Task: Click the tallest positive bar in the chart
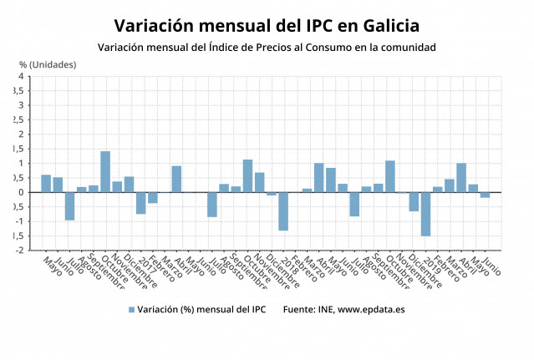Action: click(105, 171)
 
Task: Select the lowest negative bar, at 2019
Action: click(425, 214)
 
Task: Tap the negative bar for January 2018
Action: click(283, 210)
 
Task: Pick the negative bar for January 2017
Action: click(141, 203)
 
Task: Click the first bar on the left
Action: click(46, 183)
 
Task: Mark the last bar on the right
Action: click(485, 195)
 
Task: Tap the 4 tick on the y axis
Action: click(21, 77)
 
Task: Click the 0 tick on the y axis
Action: click(21, 192)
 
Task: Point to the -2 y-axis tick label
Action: click(19, 250)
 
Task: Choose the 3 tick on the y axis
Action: click(21, 106)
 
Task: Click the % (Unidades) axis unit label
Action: click(48, 64)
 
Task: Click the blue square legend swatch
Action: click(131, 310)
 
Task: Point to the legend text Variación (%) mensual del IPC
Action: click(201, 310)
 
